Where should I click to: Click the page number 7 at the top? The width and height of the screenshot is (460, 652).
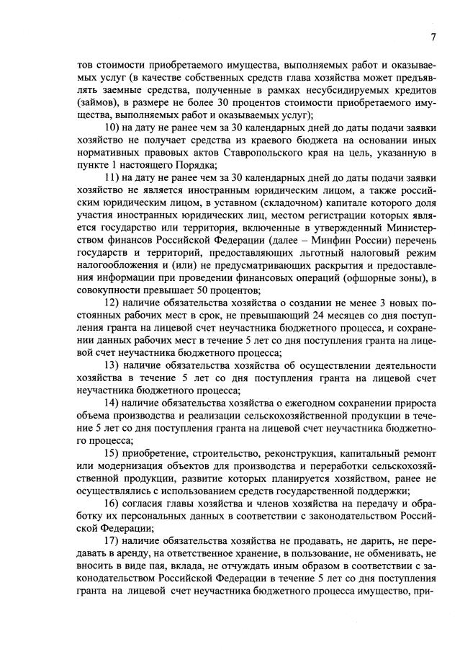[x=433, y=37]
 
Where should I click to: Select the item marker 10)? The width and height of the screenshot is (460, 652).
[x=114, y=128]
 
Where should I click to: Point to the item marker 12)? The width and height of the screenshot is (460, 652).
[x=114, y=303]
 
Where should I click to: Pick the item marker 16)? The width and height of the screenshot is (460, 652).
[x=114, y=503]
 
